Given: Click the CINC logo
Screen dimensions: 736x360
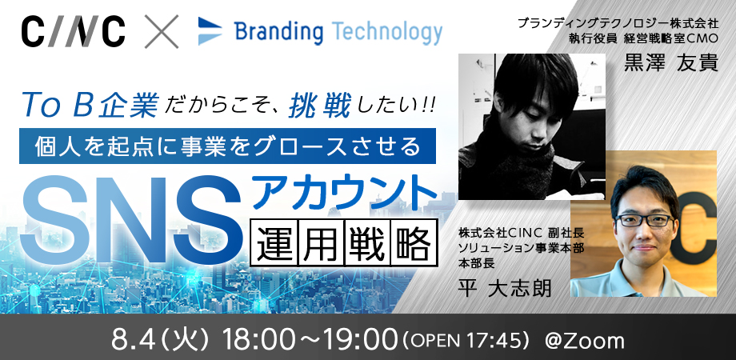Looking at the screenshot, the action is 74,31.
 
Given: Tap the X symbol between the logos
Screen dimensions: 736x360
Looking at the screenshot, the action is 162,31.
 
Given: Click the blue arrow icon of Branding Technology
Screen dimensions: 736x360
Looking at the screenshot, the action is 210,31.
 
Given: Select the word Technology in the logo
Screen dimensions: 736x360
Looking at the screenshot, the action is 389,32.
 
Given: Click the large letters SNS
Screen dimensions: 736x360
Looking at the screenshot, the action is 134,214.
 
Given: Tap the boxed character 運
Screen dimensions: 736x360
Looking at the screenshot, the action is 275,242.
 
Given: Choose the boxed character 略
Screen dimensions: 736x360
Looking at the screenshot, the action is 414,242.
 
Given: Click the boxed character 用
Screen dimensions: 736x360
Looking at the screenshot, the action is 322,242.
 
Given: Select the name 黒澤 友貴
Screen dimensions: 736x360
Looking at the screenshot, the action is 670,63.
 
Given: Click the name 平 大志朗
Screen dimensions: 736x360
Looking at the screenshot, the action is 505,288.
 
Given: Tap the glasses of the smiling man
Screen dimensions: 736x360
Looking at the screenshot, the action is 645,220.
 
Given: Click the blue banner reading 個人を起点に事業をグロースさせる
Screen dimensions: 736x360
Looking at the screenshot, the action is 228,146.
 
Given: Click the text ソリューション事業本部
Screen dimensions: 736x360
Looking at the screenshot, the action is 521,249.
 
